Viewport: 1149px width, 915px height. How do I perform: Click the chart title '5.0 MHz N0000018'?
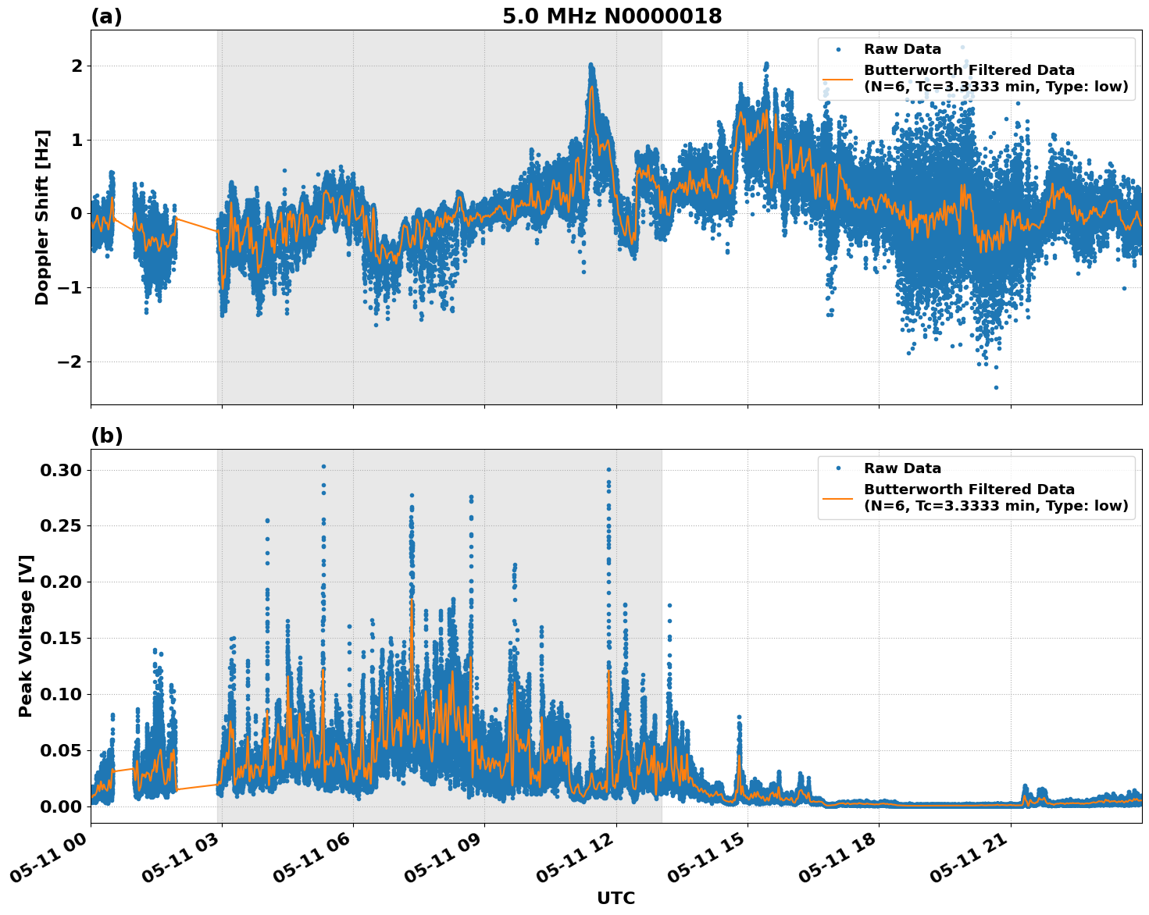612,16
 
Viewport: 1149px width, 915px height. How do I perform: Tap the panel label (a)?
106,16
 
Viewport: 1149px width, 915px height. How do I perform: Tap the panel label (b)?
106,436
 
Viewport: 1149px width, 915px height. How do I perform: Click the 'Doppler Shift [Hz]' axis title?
42,217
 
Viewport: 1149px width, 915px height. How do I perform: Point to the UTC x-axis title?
616,898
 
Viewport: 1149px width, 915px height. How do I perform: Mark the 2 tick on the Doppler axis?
77,66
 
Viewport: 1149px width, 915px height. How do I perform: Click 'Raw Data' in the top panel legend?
902,49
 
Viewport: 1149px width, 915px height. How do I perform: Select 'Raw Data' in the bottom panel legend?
902,468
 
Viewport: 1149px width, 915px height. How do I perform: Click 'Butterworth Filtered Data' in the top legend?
969,70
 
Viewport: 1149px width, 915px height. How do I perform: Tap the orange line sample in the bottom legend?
838,497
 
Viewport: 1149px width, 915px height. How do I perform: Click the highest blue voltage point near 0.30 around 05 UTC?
323,466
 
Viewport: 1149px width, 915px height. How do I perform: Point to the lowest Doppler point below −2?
996,387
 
